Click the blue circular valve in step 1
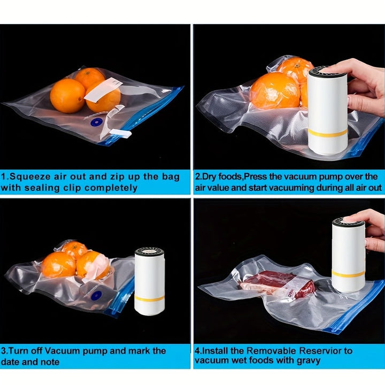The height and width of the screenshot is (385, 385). point(95,122)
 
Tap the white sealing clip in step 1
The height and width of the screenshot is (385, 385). point(120,133)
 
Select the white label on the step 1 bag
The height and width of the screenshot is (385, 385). point(103,89)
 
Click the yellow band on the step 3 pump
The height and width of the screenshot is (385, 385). point(149,298)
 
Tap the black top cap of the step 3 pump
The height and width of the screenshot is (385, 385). point(149,251)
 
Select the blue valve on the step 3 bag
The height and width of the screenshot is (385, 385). point(96,295)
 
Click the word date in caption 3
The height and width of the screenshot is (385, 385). point(12,361)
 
